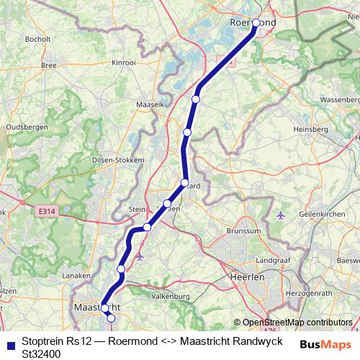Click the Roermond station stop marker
(x=256, y=22)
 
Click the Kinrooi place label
(x=124, y=63)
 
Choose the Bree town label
(x=49, y=65)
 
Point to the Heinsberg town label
(x=310, y=130)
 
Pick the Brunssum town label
(x=222, y=232)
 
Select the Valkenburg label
(x=171, y=296)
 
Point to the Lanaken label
(x=77, y=275)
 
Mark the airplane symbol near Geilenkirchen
(x=282, y=215)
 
